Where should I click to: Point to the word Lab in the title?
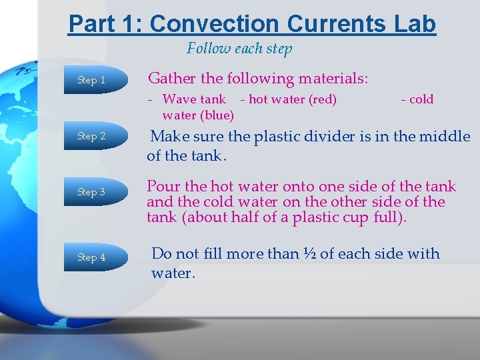tap(413, 24)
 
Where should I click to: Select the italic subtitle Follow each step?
tap(239, 49)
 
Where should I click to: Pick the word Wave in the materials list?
tap(179, 99)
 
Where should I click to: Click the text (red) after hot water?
tap(322, 99)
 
